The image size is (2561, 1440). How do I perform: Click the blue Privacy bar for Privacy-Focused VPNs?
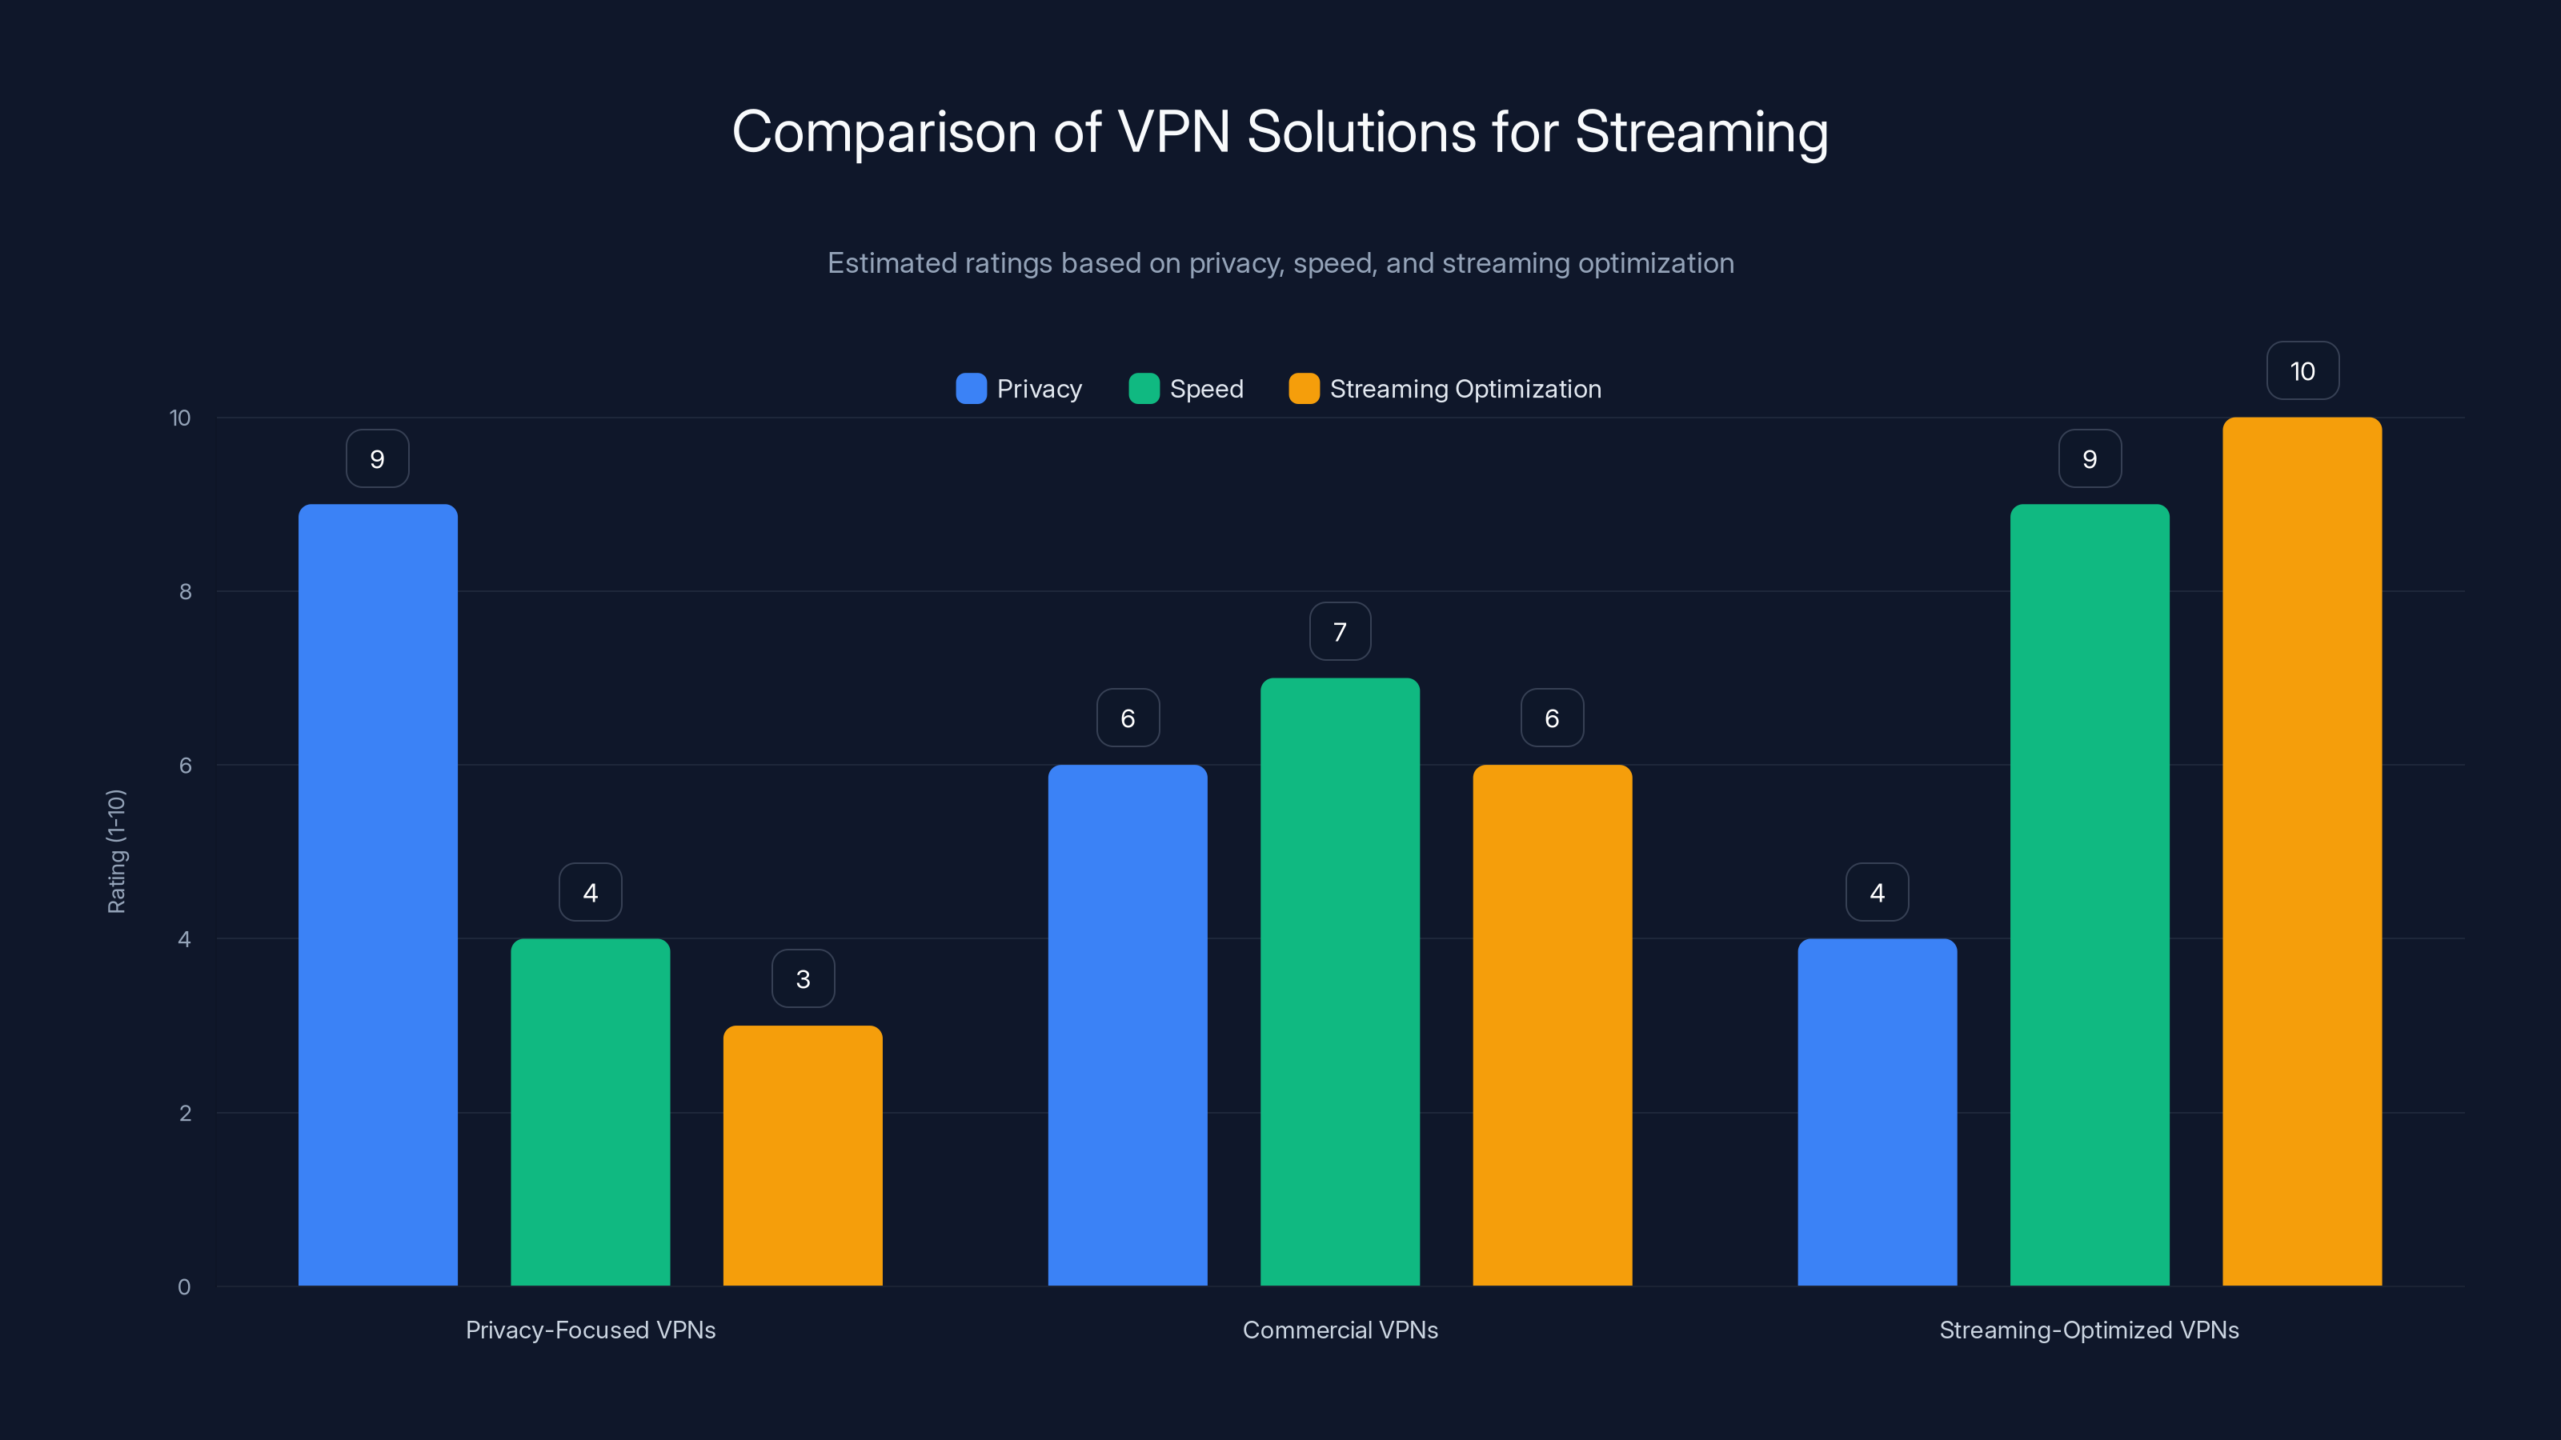coord(378,894)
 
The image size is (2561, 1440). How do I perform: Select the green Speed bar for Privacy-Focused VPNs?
coord(591,1112)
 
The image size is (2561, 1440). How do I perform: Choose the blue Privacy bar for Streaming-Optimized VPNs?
coord(1877,1112)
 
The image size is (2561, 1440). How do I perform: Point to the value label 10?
coord(2302,372)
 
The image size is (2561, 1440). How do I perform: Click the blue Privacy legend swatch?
coord(970,389)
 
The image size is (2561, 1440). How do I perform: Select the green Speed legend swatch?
coord(1144,389)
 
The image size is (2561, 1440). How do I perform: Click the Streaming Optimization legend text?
coord(1465,390)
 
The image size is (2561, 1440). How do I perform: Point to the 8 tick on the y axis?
coord(185,592)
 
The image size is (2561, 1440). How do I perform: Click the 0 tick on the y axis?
coord(184,1287)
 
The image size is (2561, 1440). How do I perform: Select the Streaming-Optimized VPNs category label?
coord(2089,1330)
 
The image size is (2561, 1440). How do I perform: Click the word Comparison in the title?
coord(884,132)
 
